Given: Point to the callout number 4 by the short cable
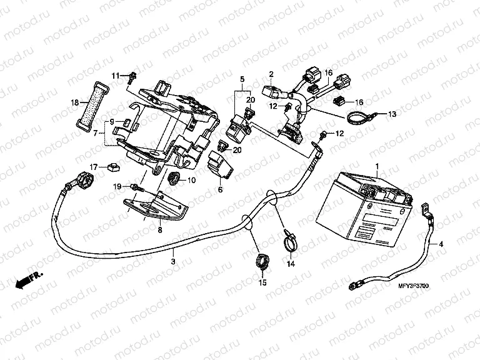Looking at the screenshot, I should [x=440, y=244].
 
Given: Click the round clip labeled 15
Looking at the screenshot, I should [x=261, y=260].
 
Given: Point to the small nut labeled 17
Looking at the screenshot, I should [x=113, y=166].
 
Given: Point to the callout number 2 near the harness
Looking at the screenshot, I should [x=272, y=74].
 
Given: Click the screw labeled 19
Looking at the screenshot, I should [x=136, y=187].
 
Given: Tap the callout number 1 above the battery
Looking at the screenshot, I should [x=377, y=149].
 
